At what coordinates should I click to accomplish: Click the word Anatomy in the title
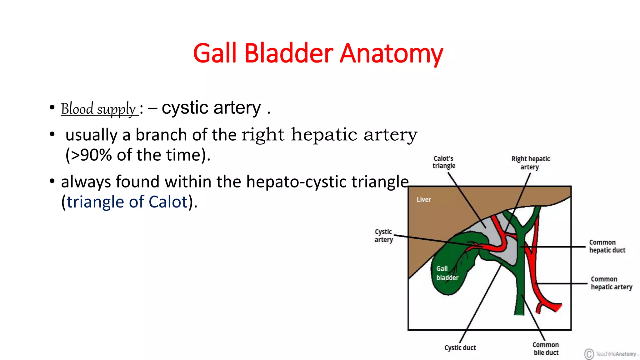point(391,54)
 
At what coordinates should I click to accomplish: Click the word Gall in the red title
point(215,54)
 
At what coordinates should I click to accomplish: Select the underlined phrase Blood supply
point(98,109)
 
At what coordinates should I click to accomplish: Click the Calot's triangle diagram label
point(444,162)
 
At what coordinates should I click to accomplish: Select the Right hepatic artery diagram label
point(530,163)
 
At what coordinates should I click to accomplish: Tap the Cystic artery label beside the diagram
point(383,236)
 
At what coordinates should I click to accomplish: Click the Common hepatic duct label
point(607,246)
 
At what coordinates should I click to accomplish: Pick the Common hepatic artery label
point(611,283)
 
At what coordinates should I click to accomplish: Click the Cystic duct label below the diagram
point(460,347)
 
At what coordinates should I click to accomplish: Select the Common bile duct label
point(546,348)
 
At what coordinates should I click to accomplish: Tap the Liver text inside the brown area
point(423,200)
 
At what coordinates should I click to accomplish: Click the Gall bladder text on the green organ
point(447,273)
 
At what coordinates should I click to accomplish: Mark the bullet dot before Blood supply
point(52,107)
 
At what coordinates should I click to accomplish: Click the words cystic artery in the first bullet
point(211,108)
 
